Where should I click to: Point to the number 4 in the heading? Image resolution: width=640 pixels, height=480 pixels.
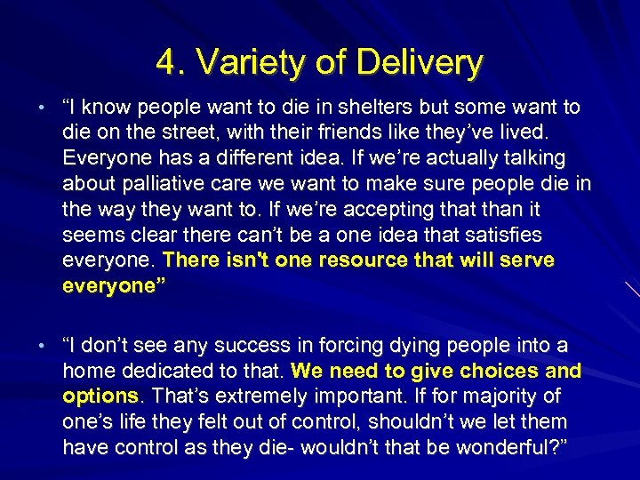(x=164, y=63)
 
